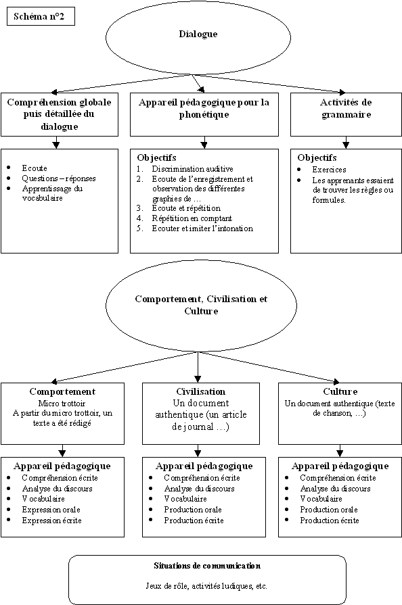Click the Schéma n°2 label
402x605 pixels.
tap(39, 17)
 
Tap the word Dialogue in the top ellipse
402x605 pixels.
tap(198, 34)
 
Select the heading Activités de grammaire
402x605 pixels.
tap(346, 108)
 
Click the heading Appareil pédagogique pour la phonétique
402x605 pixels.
tap(204, 108)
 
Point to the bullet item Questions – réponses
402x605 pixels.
tap(59, 178)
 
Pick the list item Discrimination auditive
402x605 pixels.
tap(192, 168)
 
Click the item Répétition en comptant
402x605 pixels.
tap(192, 218)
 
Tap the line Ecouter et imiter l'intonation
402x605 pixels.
tap(202, 228)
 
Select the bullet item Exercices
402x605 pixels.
tap(329, 170)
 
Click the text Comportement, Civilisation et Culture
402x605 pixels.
tap(201, 305)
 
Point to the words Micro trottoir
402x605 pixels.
tap(62, 404)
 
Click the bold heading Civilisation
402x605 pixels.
tap(201, 391)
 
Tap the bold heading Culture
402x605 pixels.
tap(340, 391)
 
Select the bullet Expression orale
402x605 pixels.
tap(51, 509)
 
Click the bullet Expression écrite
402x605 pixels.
tap(51, 520)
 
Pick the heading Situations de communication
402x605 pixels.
tap(207, 566)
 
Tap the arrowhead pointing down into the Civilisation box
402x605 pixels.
tap(198, 379)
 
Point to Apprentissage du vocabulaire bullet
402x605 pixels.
tap(53, 193)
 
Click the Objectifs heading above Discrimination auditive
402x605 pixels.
tap(156, 158)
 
